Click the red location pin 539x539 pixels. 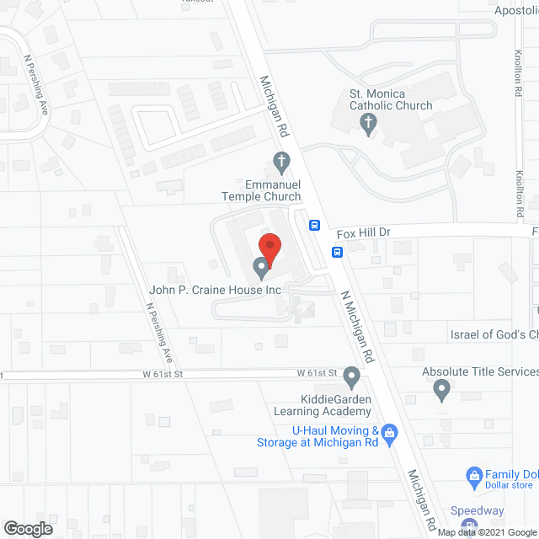(269, 248)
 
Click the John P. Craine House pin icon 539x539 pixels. (261, 269)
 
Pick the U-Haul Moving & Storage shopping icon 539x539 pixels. (389, 434)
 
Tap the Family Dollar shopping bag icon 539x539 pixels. (474, 475)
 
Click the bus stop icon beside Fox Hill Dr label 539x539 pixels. (314, 225)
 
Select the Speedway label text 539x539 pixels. (477, 510)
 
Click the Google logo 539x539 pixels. (27, 528)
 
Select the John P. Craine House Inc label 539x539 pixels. (215, 290)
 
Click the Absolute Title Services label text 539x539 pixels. (481, 371)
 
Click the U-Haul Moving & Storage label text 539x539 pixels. (334, 436)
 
